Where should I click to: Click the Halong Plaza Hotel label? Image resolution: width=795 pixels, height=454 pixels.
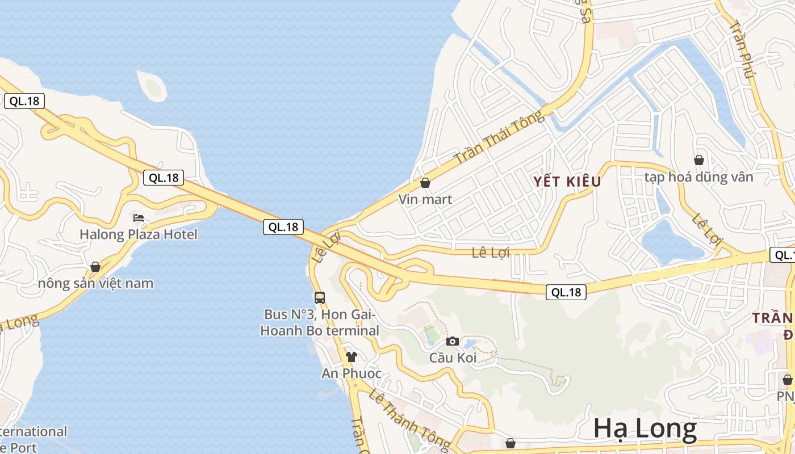tap(139, 234)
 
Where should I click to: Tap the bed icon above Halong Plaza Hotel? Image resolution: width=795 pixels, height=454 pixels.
tap(139, 218)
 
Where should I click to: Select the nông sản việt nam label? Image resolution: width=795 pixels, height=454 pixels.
tap(96, 283)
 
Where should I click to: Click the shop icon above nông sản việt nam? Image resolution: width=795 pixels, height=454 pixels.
tap(95, 267)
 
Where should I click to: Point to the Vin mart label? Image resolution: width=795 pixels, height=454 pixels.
tap(425, 199)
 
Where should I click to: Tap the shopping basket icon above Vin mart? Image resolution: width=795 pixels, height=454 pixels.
tap(425, 183)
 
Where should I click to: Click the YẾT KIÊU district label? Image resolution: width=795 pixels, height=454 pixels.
tap(567, 182)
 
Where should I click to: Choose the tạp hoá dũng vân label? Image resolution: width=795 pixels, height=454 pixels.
tap(698, 177)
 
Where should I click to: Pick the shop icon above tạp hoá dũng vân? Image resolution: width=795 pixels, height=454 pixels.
tap(699, 161)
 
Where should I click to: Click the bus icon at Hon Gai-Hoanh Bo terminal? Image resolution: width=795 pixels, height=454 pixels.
tap(320, 297)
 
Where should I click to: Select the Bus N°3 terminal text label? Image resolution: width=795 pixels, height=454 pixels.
tap(320, 322)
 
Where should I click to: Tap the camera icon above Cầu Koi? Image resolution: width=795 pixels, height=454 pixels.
tap(453, 341)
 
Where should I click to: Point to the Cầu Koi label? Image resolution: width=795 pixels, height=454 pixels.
tap(452, 358)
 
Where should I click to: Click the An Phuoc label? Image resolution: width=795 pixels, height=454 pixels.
tap(352, 373)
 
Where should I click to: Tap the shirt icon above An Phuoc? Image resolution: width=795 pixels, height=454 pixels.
tap(352, 357)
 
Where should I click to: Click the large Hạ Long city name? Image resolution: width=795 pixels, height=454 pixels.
tap(645, 429)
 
